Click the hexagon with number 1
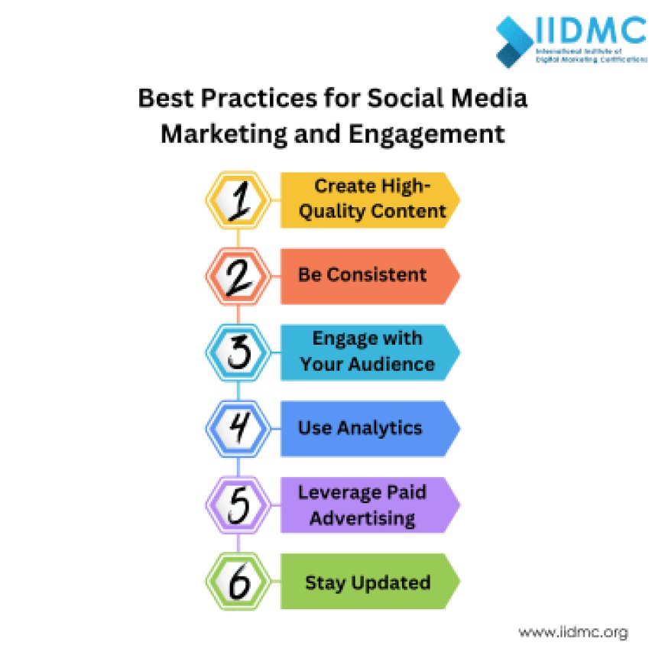tap(238, 200)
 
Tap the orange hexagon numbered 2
tap(238, 276)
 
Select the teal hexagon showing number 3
tap(238, 352)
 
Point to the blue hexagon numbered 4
tap(238, 428)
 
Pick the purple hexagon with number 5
tap(238, 504)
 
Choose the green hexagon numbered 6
tap(238, 582)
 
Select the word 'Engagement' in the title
tap(427, 133)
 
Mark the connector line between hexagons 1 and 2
tap(238, 238)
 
